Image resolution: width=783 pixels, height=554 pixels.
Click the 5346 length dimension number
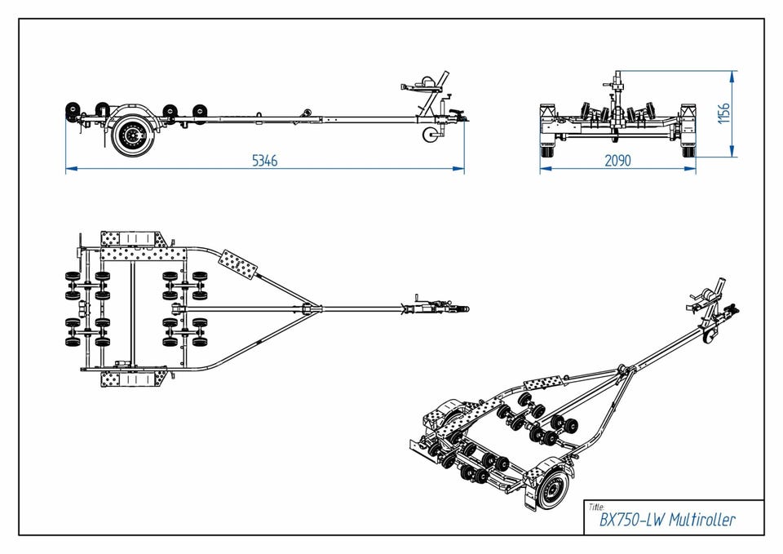click(x=264, y=161)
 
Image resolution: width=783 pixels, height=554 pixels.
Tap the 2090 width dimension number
click(x=617, y=161)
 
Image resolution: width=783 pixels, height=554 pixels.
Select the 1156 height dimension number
click(x=723, y=113)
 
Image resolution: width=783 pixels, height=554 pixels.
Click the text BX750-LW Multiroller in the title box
click(x=667, y=520)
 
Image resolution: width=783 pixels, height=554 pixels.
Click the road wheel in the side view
click(x=129, y=135)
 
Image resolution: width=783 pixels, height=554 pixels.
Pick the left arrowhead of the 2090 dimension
click(x=543, y=169)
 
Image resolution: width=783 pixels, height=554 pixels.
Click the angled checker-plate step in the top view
click(x=239, y=263)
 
